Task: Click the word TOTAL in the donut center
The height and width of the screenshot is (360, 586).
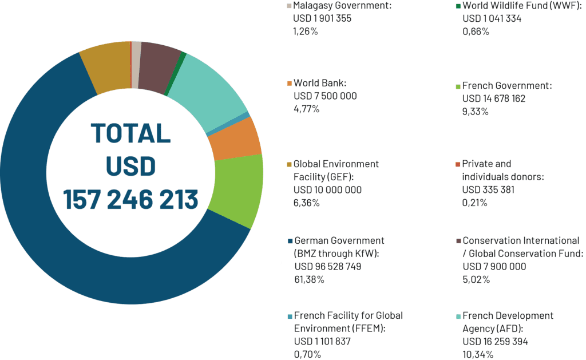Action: tap(131, 133)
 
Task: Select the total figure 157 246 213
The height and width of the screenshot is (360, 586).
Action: tap(131, 200)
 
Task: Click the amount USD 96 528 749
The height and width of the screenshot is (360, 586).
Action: tap(327, 267)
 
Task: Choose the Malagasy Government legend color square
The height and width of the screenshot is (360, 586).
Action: tap(289, 6)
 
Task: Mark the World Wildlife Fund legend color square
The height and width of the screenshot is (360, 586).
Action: tap(458, 6)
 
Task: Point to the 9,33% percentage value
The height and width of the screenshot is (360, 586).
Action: tap(476, 112)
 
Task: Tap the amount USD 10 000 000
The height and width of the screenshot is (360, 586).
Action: tap(327, 190)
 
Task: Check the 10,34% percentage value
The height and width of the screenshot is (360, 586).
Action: tap(478, 355)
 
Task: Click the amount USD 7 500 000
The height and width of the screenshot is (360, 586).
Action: tap(324, 96)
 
